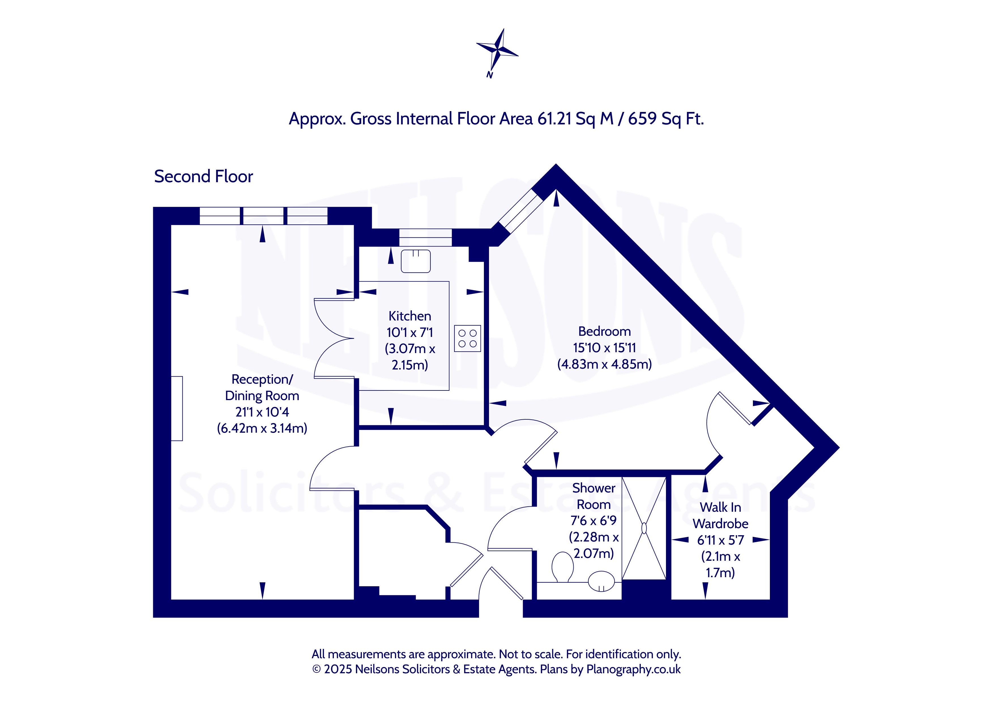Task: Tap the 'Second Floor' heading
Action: coord(203,177)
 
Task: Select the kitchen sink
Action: coord(416,261)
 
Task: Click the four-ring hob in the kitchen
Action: coord(467,339)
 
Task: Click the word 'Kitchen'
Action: coord(409,316)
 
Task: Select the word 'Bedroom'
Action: coord(604,332)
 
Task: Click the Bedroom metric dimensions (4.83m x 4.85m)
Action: coord(604,364)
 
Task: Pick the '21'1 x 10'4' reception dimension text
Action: coord(262,412)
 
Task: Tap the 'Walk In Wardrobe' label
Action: coord(721,516)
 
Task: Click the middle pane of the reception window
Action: coord(263,216)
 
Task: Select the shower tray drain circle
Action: coord(644,528)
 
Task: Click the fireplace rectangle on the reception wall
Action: coord(177,409)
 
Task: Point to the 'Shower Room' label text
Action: coord(594,496)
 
